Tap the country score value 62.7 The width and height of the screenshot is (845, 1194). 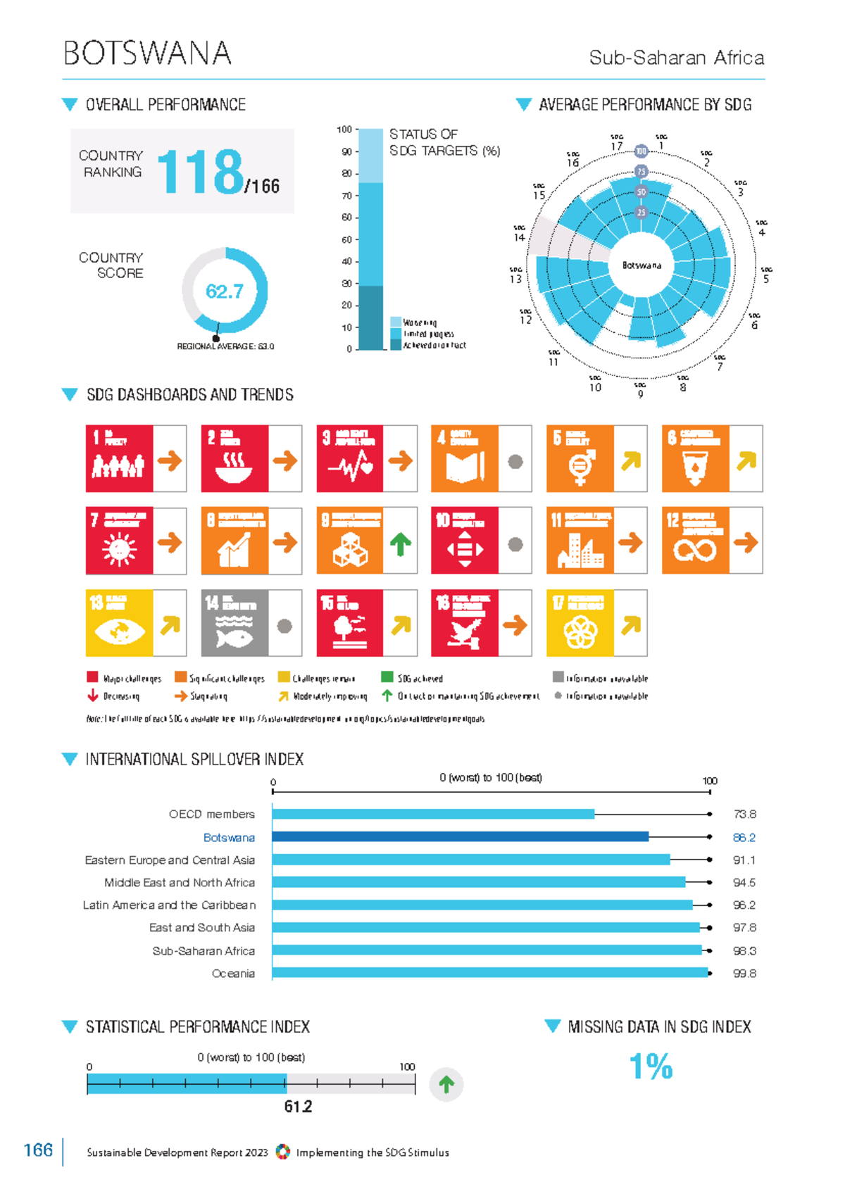(x=224, y=291)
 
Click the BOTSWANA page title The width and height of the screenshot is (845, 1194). (x=147, y=54)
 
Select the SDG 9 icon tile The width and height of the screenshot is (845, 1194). (x=349, y=540)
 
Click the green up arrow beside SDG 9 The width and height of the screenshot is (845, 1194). (x=400, y=543)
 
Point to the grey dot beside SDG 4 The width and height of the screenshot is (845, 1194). (x=515, y=462)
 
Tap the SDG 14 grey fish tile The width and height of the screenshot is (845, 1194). (x=234, y=623)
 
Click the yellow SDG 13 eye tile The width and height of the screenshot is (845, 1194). (x=119, y=623)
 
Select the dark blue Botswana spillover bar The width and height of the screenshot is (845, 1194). (x=460, y=836)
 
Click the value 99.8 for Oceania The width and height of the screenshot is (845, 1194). (x=744, y=973)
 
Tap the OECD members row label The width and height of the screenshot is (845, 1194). (x=211, y=814)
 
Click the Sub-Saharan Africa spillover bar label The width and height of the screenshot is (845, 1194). (x=204, y=950)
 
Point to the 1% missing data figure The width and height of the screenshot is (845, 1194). (x=651, y=1066)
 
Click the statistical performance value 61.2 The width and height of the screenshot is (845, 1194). (x=298, y=1106)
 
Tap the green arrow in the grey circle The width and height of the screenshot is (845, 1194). (x=446, y=1084)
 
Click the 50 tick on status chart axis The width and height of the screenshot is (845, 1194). (x=346, y=239)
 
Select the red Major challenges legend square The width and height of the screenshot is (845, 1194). (x=92, y=677)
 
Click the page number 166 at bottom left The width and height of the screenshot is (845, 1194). (x=38, y=1150)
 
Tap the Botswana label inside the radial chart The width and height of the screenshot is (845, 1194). (x=641, y=265)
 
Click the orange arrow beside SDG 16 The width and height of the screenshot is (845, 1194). (x=515, y=624)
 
